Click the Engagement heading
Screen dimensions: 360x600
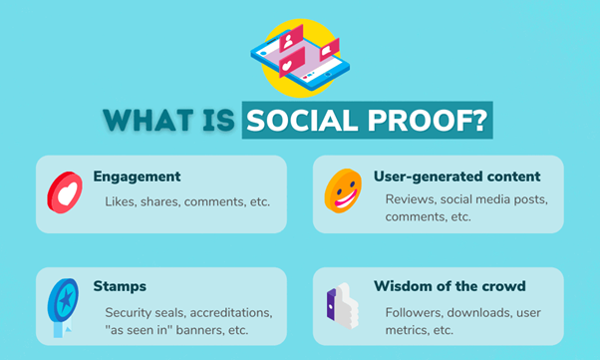tap(137, 177)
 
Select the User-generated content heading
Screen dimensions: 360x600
tap(456, 177)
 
